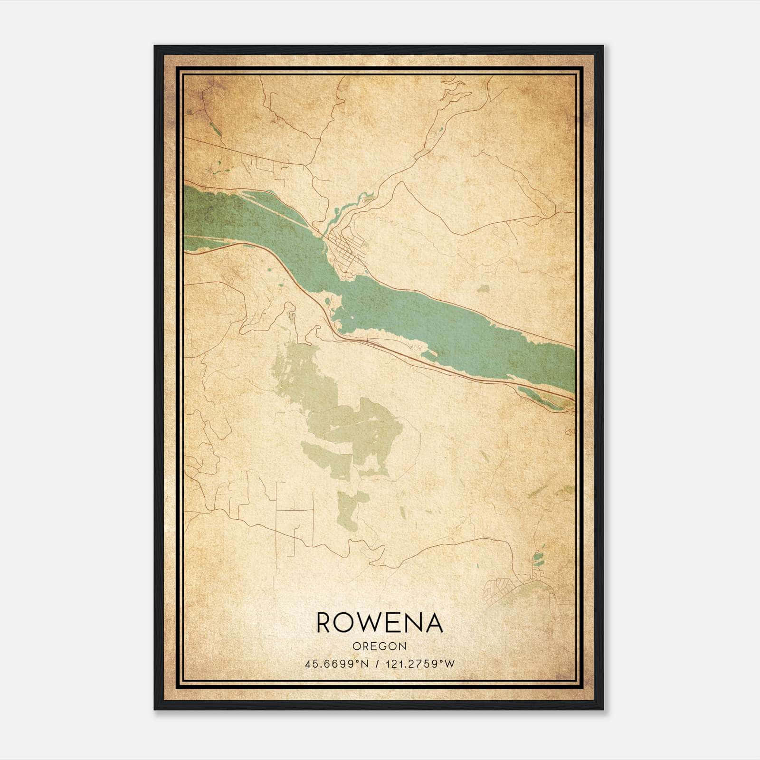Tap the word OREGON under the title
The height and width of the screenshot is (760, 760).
pos(380,646)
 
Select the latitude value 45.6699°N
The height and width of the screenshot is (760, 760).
pos(337,664)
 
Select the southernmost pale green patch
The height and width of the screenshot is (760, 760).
pos(349,511)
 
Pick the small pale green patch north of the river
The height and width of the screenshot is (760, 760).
pos(483,288)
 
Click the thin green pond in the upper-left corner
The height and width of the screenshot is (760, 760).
pos(213,127)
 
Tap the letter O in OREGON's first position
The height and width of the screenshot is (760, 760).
pos(356,646)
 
